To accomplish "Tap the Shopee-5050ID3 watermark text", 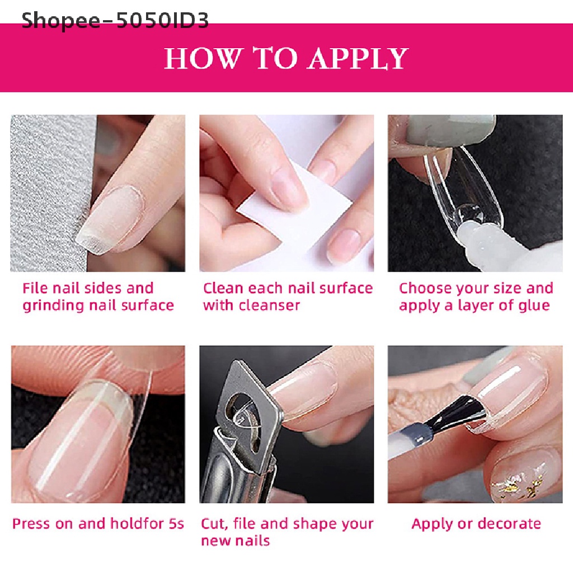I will (115, 21).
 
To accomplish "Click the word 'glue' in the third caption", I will (534, 306).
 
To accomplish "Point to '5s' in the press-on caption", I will (176, 524).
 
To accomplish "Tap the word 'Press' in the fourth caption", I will (30, 524).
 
